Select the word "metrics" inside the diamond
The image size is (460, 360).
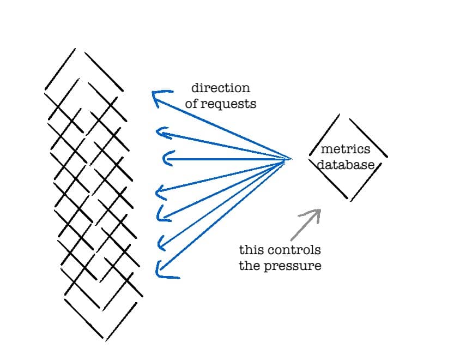pos(345,149)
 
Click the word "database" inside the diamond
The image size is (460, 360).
pos(346,165)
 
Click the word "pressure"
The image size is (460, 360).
pos(298,266)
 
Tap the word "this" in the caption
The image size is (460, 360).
pos(251,250)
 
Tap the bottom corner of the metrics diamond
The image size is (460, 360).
pos(349,200)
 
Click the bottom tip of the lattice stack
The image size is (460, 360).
pos(103,338)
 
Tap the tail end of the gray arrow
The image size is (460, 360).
pos(292,240)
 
